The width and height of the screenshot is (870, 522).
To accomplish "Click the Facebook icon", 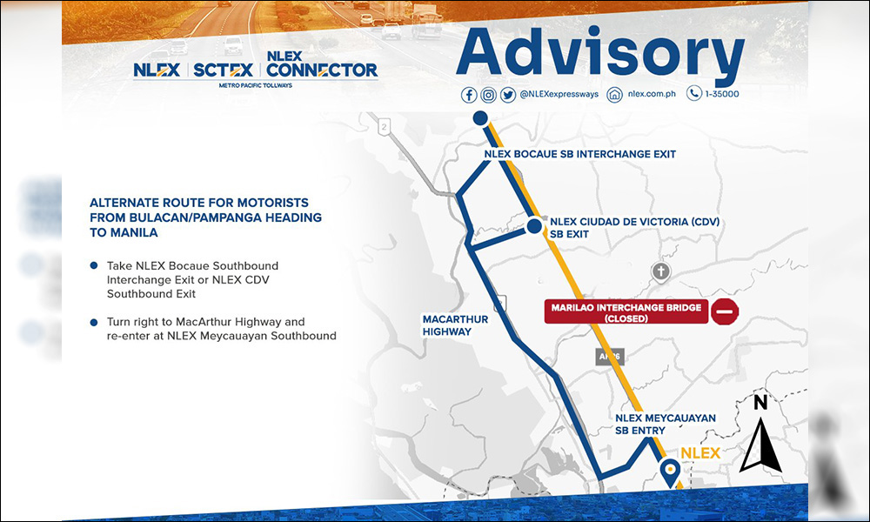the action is click(x=469, y=95).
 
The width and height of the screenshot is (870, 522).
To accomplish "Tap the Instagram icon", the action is click(x=488, y=95).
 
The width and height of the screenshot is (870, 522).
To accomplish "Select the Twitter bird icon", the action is click(x=508, y=95).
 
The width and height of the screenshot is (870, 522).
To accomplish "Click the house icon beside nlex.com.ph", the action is click(x=615, y=95).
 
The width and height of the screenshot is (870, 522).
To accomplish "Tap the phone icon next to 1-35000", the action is click(x=694, y=93).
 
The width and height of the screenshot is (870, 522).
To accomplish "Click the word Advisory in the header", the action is click(x=600, y=51).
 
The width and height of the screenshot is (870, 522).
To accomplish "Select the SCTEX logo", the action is click(x=223, y=70).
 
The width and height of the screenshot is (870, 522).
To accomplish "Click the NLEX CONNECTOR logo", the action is click(x=322, y=64).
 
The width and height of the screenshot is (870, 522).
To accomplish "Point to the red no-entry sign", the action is click(x=725, y=311).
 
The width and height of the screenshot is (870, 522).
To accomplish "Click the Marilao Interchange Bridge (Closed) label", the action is click(x=626, y=312).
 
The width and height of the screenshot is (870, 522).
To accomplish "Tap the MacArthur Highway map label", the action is click(x=455, y=325).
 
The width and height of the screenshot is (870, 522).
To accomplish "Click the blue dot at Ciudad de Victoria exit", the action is click(x=534, y=226).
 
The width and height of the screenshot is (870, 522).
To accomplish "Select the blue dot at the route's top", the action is click(x=480, y=118).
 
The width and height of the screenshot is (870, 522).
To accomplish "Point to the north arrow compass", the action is click(x=760, y=432).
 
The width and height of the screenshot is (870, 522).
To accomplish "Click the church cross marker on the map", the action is click(x=661, y=271).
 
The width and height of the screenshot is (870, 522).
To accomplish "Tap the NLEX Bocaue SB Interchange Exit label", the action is click(x=579, y=154).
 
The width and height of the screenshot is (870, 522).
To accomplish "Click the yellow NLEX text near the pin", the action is click(x=700, y=453).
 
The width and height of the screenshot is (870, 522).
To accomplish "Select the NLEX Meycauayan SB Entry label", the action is click(x=666, y=425).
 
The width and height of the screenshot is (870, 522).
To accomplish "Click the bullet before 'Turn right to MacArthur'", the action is click(x=94, y=322).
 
